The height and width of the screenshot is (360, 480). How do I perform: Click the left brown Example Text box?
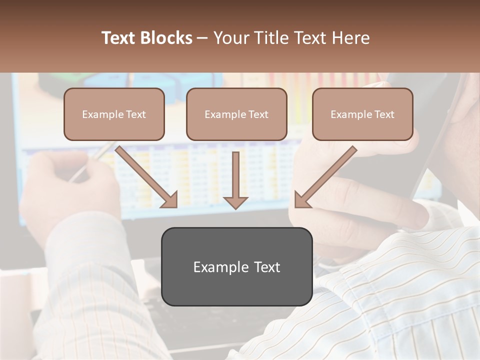[114, 114]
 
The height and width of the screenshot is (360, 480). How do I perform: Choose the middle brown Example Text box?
[236, 114]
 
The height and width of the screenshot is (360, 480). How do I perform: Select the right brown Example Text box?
[362, 114]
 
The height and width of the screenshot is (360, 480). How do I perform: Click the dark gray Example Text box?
[236, 266]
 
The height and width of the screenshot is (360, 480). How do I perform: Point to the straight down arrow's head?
[235, 202]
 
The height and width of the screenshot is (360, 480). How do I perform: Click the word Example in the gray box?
[215, 267]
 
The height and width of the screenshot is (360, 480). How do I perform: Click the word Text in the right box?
[384, 114]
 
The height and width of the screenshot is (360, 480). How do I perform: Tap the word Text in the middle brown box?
[258, 114]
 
